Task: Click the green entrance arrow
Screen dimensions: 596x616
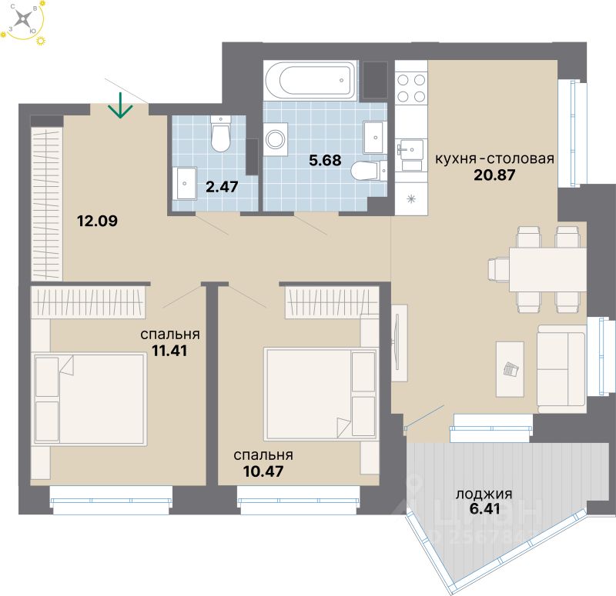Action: pos(119,105)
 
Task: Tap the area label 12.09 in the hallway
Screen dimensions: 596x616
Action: pos(98,222)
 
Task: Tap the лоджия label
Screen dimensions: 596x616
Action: pos(484,494)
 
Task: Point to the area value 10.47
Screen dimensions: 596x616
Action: pos(263,470)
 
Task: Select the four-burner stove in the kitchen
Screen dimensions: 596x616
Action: pos(411,87)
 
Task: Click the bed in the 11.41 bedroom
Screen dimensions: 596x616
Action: pos(89,398)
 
